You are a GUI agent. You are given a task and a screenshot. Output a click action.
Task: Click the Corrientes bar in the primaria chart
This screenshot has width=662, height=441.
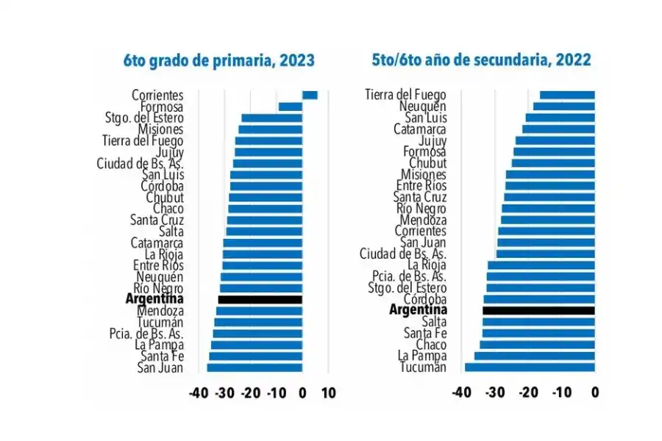click(310, 95)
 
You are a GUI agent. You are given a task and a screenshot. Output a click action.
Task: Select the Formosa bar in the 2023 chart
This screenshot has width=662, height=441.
click(291, 107)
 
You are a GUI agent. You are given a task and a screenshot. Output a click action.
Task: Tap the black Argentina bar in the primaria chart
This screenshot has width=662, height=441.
click(260, 299)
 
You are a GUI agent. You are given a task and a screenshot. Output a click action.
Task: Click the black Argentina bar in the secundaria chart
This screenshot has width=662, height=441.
click(538, 310)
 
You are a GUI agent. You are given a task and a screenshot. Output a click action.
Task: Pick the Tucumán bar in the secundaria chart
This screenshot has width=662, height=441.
click(530, 367)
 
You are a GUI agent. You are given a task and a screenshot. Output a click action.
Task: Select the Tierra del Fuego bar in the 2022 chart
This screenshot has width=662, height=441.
click(567, 95)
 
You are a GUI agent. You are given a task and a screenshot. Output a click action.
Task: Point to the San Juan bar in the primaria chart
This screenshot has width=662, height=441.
click(255, 367)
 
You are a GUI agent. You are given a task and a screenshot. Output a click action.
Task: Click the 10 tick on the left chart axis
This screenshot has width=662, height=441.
click(328, 393)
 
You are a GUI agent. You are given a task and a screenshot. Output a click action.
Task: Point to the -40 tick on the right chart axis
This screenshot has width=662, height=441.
click(460, 393)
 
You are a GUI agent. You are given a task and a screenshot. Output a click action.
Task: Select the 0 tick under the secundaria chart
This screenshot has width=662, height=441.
click(594, 393)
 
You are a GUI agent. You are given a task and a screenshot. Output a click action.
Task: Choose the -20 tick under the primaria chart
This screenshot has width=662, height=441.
click(250, 393)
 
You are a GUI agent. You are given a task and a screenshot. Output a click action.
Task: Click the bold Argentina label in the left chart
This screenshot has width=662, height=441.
click(154, 299)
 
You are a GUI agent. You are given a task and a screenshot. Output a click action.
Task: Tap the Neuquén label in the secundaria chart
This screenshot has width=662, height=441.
click(420, 106)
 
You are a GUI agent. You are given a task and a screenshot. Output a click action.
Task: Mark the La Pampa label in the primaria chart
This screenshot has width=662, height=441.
click(159, 345)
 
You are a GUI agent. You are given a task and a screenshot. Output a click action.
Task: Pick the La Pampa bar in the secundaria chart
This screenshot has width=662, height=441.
click(534, 356)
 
